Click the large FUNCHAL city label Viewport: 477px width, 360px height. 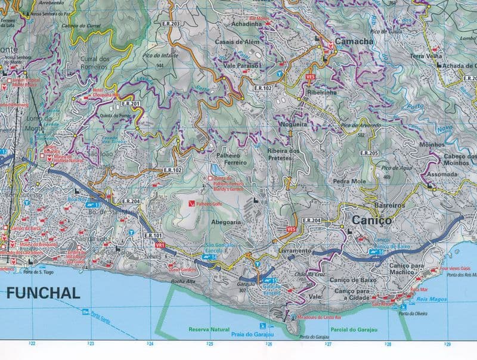[x=43, y=293]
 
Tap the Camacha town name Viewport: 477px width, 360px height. [x=354, y=42]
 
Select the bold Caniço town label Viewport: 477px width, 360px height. [x=372, y=220]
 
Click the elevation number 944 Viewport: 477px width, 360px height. [x=159, y=64]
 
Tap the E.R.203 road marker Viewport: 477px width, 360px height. [x=171, y=24]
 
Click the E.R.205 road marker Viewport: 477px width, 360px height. [x=370, y=153]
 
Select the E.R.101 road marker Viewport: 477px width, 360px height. [x=153, y=236]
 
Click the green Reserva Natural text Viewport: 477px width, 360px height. [x=209, y=329]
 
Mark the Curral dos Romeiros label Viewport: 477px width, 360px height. [x=95, y=63]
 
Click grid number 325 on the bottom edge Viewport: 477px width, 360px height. [x=209, y=344]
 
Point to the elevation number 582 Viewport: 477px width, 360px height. [x=361, y=135]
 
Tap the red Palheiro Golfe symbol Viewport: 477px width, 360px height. [x=191, y=203]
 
